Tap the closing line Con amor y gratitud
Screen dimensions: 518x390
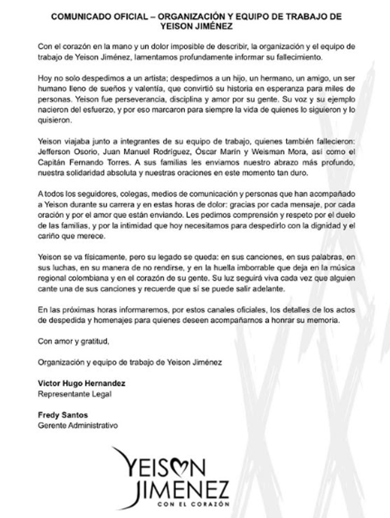coord(73,342)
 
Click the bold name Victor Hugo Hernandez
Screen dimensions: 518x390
coord(81,383)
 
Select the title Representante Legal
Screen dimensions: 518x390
coord(74,394)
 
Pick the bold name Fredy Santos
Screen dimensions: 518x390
coord(62,415)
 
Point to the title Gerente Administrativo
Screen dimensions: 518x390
coord(78,425)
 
